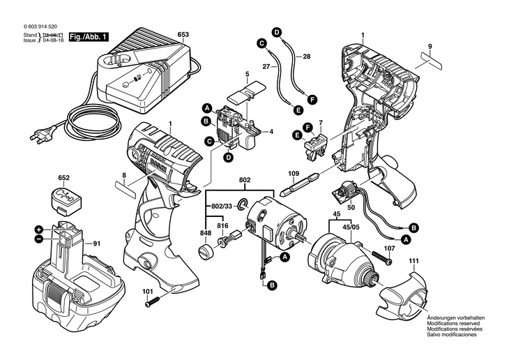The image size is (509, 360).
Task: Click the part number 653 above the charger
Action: (x=183, y=34)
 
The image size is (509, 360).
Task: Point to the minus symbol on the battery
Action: (x=39, y=239)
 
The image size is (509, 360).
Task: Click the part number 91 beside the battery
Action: (x=97, y=243)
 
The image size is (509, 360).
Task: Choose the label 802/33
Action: (x=222, y=206)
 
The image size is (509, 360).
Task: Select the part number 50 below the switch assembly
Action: (x=351, y=207)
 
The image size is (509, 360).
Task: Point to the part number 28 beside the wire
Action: (x=306, y=55)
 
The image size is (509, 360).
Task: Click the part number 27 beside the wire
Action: (x=266, y=68)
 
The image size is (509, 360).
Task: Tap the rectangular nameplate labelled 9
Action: (x=431, y=60)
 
